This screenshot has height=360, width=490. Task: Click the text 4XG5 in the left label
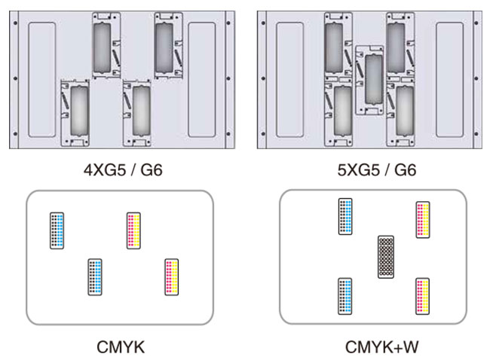pos(104,170)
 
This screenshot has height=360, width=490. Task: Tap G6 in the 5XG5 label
pos(405,170)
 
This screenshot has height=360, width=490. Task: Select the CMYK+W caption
pos(381,347)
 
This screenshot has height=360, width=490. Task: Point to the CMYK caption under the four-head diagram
pos(121,347)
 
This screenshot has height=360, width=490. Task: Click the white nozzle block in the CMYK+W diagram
pos(386,257)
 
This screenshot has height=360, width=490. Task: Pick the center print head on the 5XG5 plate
pos(369,81)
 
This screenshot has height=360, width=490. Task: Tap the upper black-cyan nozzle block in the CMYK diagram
pos(57,230)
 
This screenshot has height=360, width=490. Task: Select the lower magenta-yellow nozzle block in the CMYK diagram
pos(172,277)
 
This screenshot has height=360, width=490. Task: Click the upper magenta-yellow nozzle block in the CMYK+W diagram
pos(423,220)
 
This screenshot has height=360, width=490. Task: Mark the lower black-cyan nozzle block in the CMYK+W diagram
pos(345,296)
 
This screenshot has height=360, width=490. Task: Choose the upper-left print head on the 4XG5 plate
pos(106,45)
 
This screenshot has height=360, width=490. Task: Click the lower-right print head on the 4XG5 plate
pos(137,113)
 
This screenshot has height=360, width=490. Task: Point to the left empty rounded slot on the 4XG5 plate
pos(42,80)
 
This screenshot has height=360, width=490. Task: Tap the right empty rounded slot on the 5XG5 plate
pos(450,80)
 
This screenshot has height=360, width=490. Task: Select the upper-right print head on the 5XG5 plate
pos(400,45)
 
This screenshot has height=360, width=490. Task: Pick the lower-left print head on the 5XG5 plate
pos(338,113)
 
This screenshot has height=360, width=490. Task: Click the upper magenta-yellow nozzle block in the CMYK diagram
pos(133,230)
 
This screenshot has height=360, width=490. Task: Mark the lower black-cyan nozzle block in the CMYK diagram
pos(95,277)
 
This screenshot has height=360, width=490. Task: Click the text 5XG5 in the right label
pos(358,170)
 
